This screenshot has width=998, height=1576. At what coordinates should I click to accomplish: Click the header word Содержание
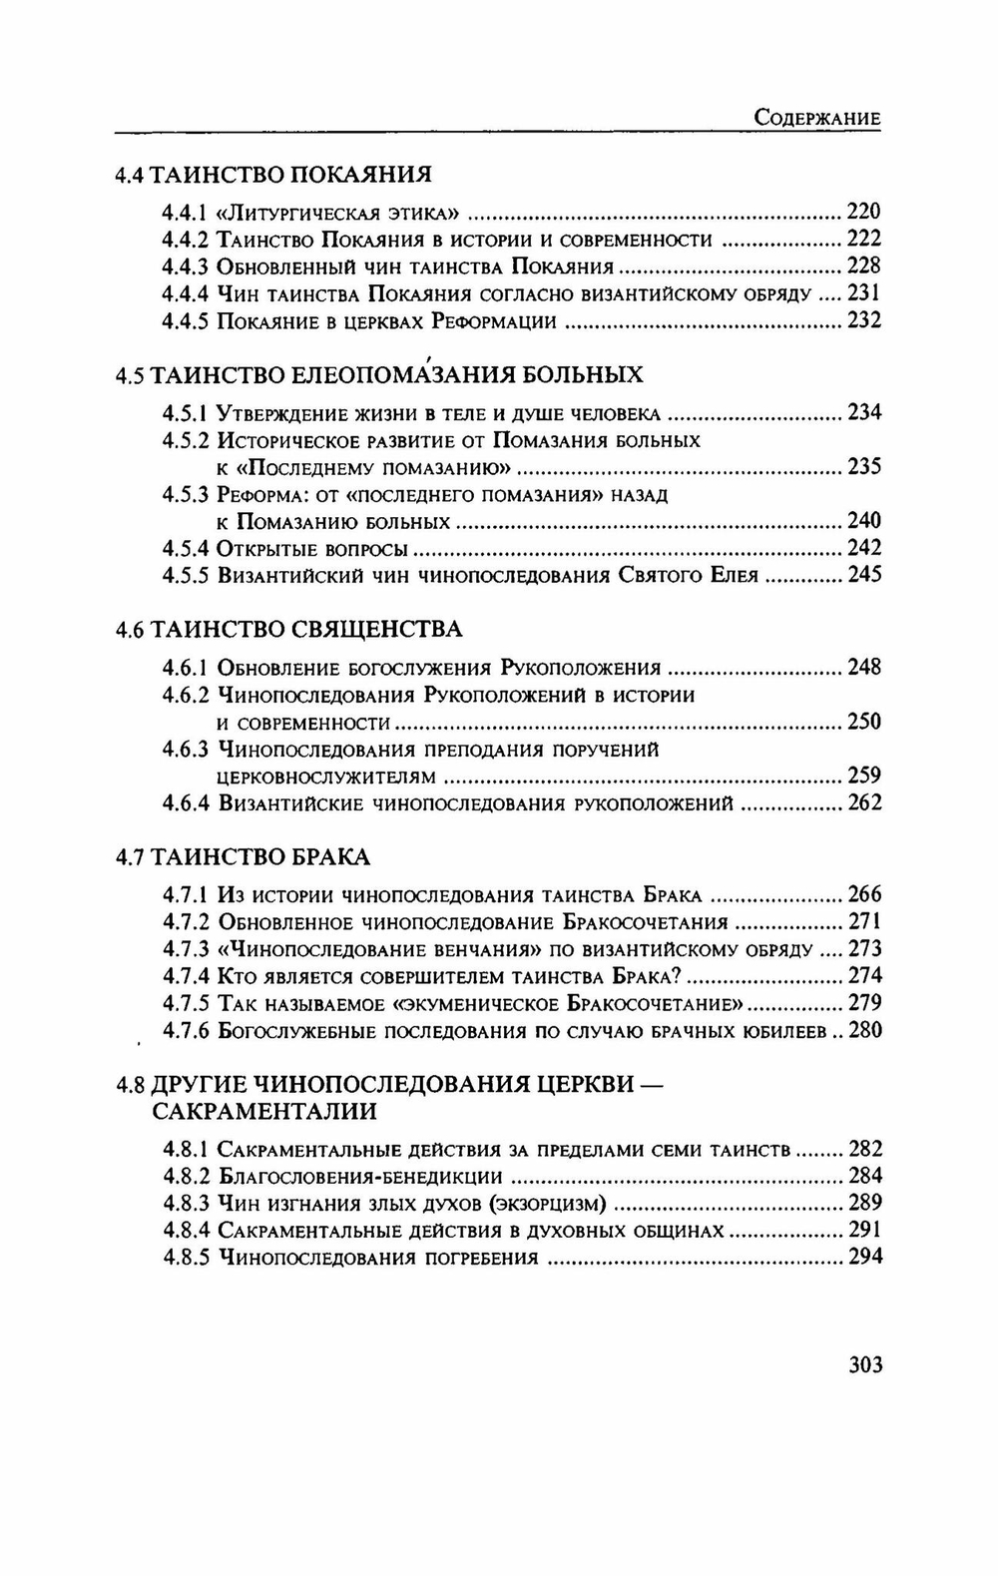816,117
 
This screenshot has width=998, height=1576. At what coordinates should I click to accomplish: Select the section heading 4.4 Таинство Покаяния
273,174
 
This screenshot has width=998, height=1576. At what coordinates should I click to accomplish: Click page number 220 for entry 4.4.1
863,211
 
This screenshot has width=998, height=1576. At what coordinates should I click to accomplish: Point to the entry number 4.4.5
186,320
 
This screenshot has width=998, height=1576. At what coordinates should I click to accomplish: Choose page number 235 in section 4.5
863,467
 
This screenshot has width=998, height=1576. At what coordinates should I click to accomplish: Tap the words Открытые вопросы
311,548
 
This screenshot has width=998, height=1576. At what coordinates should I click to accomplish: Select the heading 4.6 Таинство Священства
288,630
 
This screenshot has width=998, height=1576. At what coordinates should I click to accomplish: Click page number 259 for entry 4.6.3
863,776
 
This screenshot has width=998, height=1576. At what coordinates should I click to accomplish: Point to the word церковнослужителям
326,777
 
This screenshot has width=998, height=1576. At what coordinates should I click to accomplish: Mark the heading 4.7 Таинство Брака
243,857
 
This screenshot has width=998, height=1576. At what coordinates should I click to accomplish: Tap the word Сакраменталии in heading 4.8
263,1111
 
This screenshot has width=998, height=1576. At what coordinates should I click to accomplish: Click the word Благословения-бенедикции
359,1177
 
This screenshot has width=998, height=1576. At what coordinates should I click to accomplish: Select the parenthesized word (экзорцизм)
542,1204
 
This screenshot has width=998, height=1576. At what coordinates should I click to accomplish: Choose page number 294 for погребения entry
864,1257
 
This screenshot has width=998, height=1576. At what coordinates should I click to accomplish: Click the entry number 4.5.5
186,575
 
